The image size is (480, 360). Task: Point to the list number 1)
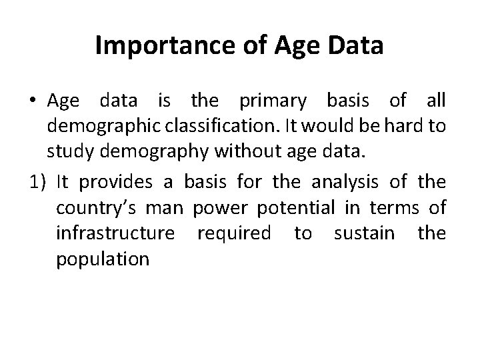(x=40, y=181)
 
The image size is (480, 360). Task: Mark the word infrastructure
(x=117, y=233)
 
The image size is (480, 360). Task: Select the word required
(x=233, y=233)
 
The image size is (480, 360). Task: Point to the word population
(x=103, y=260)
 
